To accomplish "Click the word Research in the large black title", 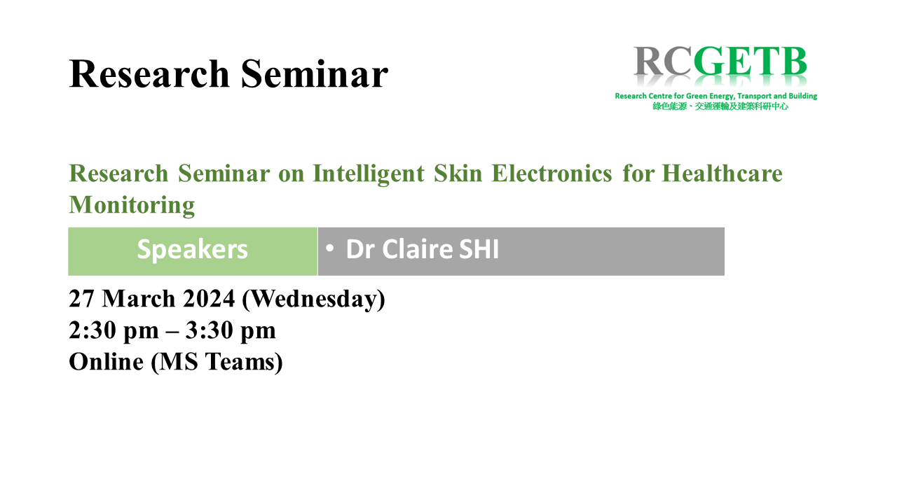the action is pos(149,73).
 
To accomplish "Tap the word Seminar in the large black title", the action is pos(315,73).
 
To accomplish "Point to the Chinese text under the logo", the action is pos(720,106).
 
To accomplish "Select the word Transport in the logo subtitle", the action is pos(754,96).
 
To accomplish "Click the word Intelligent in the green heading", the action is pos(369,174).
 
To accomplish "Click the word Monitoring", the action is pos(132,206).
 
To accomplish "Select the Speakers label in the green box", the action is pos(193,250).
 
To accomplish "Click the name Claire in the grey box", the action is pos(418,249).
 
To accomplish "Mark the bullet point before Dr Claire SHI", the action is pos(329,248).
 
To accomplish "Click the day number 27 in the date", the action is pos(82,299).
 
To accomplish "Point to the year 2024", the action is pos(209,299).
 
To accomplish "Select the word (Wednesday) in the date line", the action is pos(313,299).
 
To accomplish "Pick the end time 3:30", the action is pos(209,330).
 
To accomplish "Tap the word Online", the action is pos(106,362).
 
